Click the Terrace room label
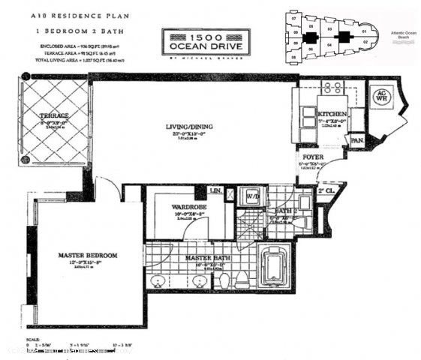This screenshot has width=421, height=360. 55,115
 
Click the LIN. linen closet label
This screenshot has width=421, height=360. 215,192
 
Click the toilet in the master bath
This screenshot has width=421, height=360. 226,280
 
